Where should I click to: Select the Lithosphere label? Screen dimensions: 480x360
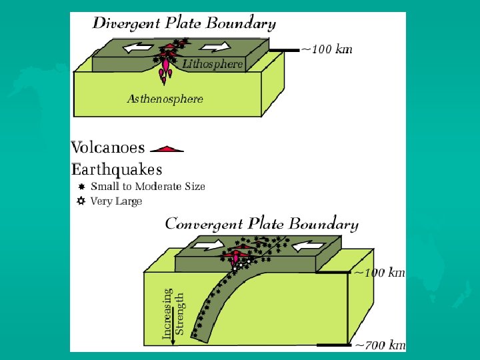pos(213,65)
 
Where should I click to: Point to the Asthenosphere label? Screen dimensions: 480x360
pos(165,99)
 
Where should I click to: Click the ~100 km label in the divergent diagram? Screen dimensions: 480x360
pos(327,49)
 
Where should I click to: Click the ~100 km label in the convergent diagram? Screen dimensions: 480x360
pos(379,272)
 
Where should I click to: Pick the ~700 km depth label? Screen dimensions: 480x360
pos(379,345)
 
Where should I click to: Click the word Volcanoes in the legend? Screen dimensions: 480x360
pos(107,147)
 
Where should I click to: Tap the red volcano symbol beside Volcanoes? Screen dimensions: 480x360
pos(167,148)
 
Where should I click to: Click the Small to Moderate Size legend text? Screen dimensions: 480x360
pos(148,187)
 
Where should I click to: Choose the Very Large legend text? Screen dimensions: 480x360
pos(116,201)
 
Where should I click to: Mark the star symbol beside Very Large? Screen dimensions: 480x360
pos(81,201)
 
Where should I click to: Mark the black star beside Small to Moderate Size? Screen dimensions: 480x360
pos(81,187)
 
